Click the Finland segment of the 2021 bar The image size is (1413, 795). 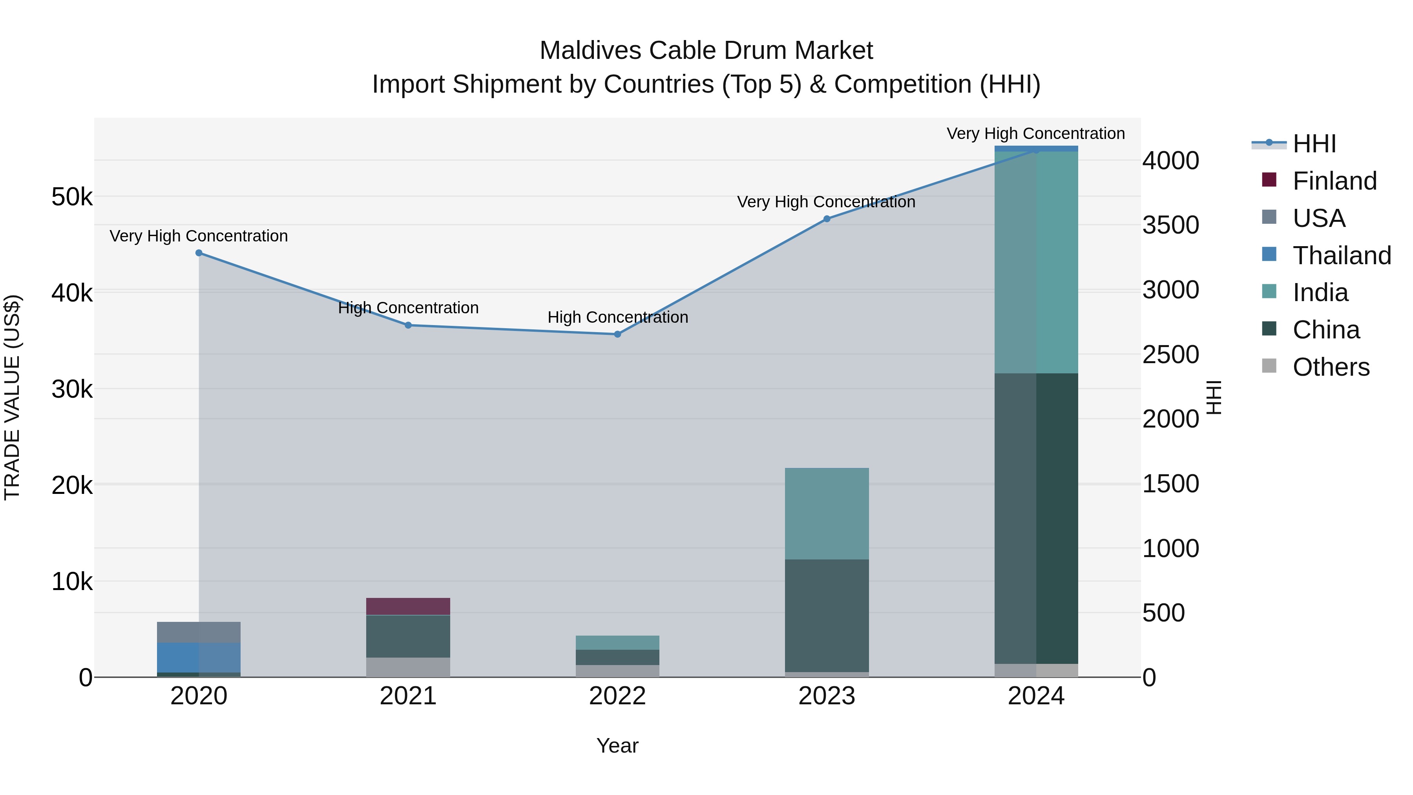click(x=408, y=606)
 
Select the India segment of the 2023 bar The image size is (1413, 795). click(x=827, y=514)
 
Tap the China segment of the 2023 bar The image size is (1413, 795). click(x=827, y=616)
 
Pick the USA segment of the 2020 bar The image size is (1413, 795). click(x=199, y=632)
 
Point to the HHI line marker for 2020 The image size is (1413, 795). click(x=199, y=253)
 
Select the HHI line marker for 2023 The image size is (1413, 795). click(x=827, y=219)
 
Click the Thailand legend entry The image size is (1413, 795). click(x=1341, y=256)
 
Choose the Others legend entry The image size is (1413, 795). click(x=1330, y=367)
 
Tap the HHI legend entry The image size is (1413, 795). click(x=1314, y=144)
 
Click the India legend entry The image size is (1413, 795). click(x=1320, y=292)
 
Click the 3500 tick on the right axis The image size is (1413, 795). click(x=1170, y=225)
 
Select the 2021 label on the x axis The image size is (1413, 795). click(x=408, y=696)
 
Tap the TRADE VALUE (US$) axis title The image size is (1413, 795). click(x=12, y=397)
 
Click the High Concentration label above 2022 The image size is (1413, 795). click(x=618, y=317)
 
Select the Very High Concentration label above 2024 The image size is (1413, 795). click(x=1036, y=133)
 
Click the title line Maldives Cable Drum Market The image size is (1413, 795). click(x=706, y=51)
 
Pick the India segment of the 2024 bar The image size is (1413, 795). click(x=1036, y=262)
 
